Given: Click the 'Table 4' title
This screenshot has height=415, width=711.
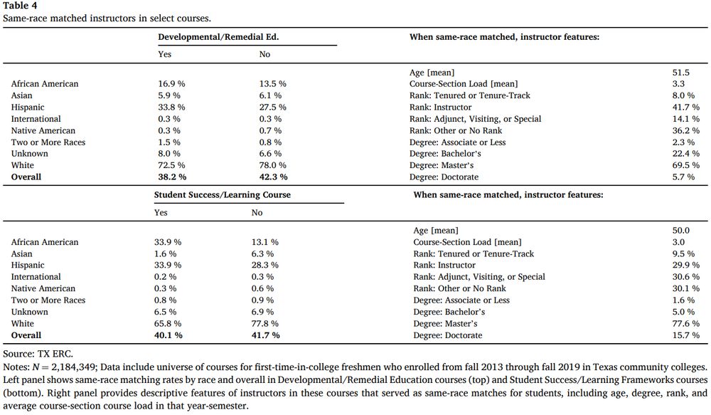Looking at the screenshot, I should pyautogui.click(x=19, y=6).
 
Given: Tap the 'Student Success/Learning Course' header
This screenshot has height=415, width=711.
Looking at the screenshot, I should pyautogui.click(x=223, y=194).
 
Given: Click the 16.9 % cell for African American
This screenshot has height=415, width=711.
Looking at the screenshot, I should pyautogui.click(x=171, y=84).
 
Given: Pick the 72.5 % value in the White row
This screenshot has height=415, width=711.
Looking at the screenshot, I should pyautogui.click(x=171, y=165).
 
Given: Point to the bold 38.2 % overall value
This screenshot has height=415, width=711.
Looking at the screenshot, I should pyautogui.click(x=171, y=177).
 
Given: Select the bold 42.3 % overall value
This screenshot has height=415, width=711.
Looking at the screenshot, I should pyautogui.click(x=274, y=177).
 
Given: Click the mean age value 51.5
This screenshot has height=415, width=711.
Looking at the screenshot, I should pyautogui.click(x=680, y=73).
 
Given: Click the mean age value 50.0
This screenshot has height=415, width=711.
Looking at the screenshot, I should pyautogui.click(x=680, y=231).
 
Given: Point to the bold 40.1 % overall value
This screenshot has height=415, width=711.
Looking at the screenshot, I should pyautogui.click(x=169, y=335).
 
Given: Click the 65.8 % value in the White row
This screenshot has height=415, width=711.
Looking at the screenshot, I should pyautogui.click(x=169, y=324).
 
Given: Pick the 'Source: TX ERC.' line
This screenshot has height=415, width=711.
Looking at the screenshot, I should pyautogui.click(x=38, y=353).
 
